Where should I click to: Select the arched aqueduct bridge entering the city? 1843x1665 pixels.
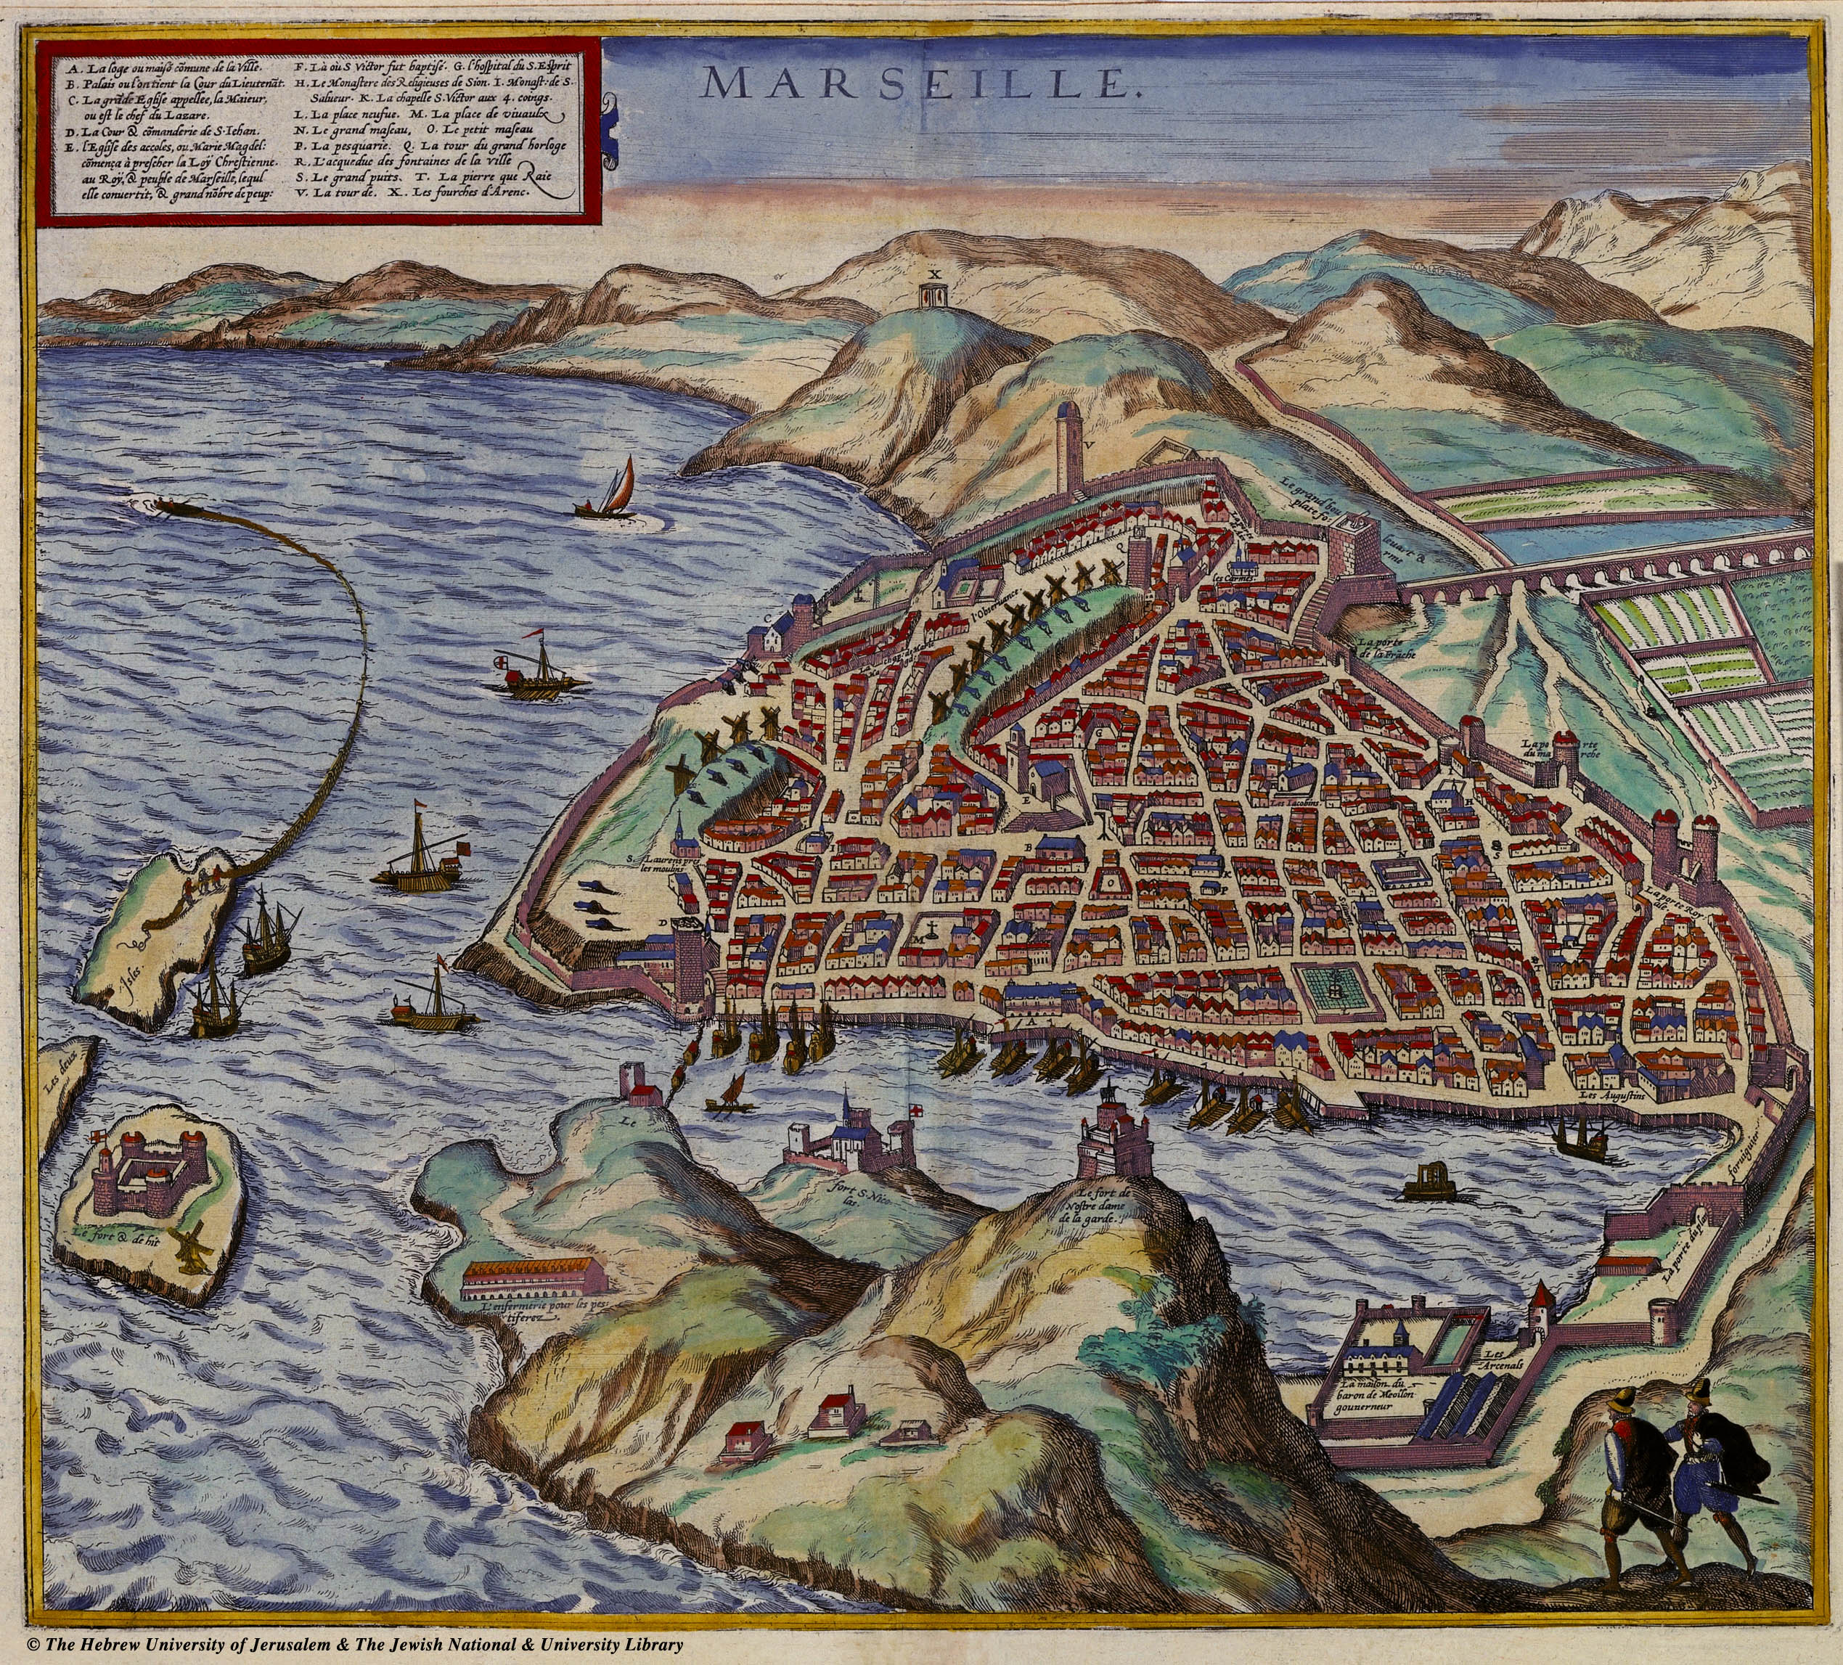[x=1600, y=577]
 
